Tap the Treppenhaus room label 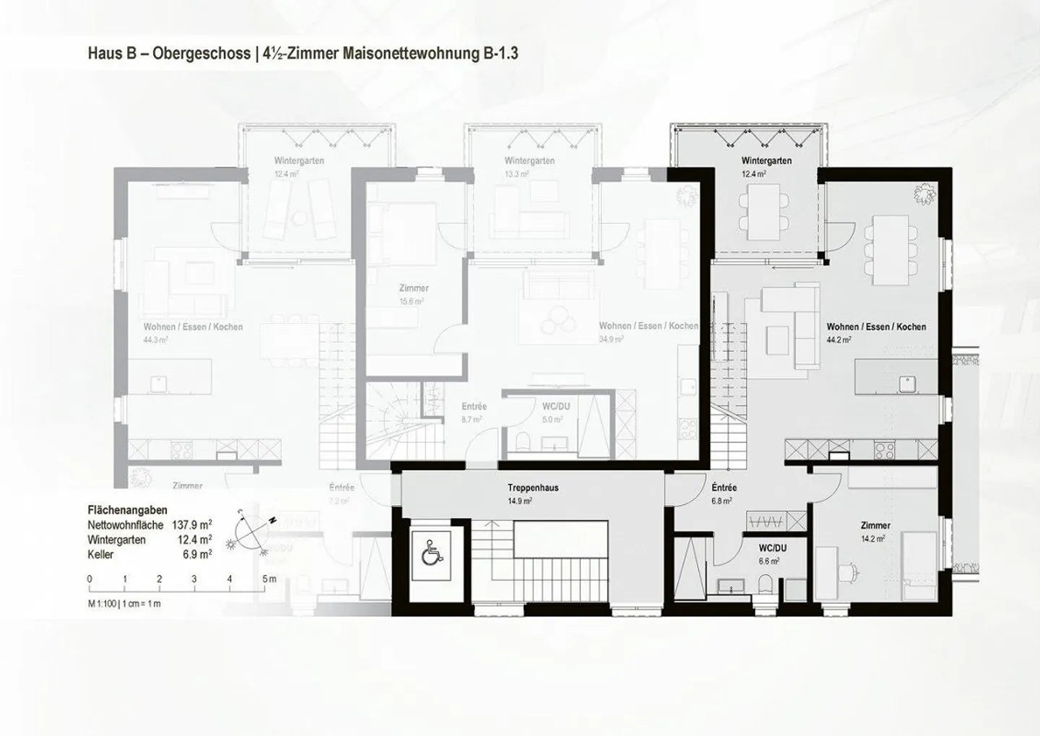(x=532, y=488)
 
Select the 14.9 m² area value (x=519, y=501)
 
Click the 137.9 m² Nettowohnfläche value (x=191, y=525)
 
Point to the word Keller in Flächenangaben (x=101, y=555)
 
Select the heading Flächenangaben (x=127, y=510)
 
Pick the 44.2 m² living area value (x=838, y=339)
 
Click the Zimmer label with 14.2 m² (x=875, y=525)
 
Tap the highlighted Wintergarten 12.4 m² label (x=766, y=160)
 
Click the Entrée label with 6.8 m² (x=724, y=488)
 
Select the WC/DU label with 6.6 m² (x=772, y=548)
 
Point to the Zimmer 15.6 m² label (x=414, y=288)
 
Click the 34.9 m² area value (x=611, y=339)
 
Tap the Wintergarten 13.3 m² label (x=529, y=160)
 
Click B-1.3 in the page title (x=500, y=53)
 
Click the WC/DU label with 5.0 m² (x=555, y=406)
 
